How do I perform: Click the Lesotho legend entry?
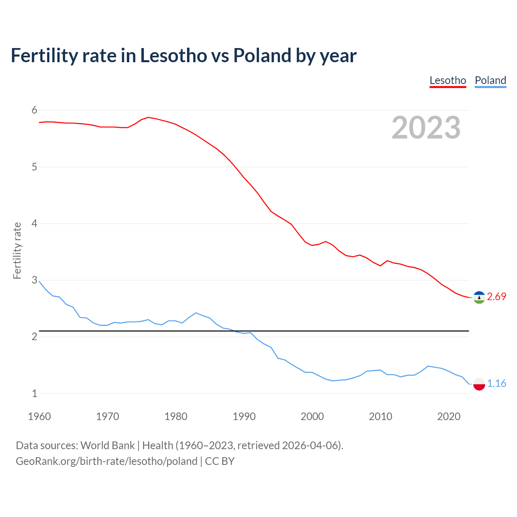coord(448,80)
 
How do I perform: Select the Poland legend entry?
coord(490,80)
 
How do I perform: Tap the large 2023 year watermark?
coord(426,128)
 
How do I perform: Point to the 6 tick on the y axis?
coord(34,110)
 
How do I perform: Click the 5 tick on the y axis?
coord(34,167)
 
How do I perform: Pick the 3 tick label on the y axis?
coord(34,280)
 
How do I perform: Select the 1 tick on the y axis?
coord(34,393)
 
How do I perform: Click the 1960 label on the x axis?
coord(39,416)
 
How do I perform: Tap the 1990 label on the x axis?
coord(244,416)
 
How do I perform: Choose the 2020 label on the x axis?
coord(449,416)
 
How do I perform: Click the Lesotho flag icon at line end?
coord(479,297)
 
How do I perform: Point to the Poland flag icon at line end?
coord(479,384)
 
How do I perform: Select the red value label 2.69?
coord(496,297)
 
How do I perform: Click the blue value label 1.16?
coord(496,383)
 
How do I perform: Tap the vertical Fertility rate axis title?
coord(17,250)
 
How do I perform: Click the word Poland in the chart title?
coord(262,56)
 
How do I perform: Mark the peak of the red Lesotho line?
coord(148,117)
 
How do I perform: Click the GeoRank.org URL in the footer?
coord(107,461)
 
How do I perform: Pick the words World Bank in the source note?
coord(107,446)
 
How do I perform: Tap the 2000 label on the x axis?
coord(312,416)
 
